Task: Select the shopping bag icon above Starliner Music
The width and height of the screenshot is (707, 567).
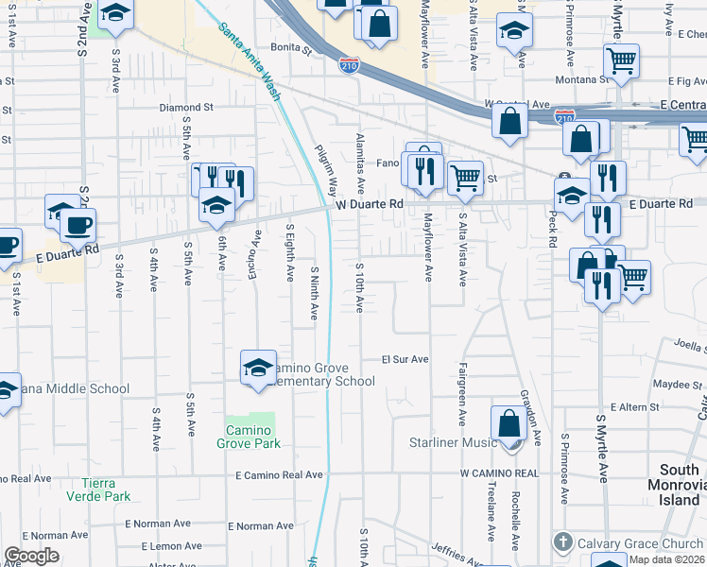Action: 509,424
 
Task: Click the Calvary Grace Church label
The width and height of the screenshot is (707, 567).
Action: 643,542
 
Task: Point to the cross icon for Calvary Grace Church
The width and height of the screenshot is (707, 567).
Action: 563,542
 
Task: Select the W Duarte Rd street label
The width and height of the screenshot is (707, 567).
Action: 370,204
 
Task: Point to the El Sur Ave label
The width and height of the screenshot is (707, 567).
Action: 405,360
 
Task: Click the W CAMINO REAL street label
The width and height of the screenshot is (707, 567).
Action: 499,472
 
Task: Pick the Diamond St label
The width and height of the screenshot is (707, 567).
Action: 186,108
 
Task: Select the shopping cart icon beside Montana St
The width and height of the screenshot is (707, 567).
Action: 621,62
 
